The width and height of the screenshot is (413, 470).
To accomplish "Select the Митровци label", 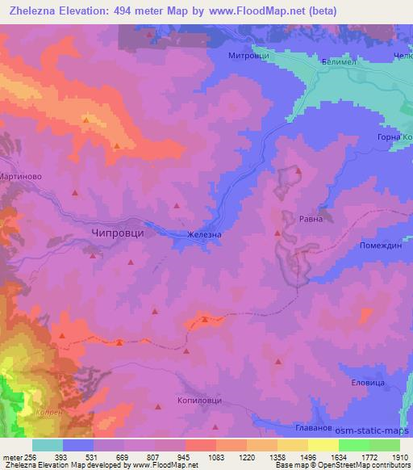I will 245,56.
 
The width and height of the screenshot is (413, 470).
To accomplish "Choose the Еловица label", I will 369,380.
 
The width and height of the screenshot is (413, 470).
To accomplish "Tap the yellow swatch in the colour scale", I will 323,445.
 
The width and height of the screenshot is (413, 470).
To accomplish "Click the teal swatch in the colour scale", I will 48,445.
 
